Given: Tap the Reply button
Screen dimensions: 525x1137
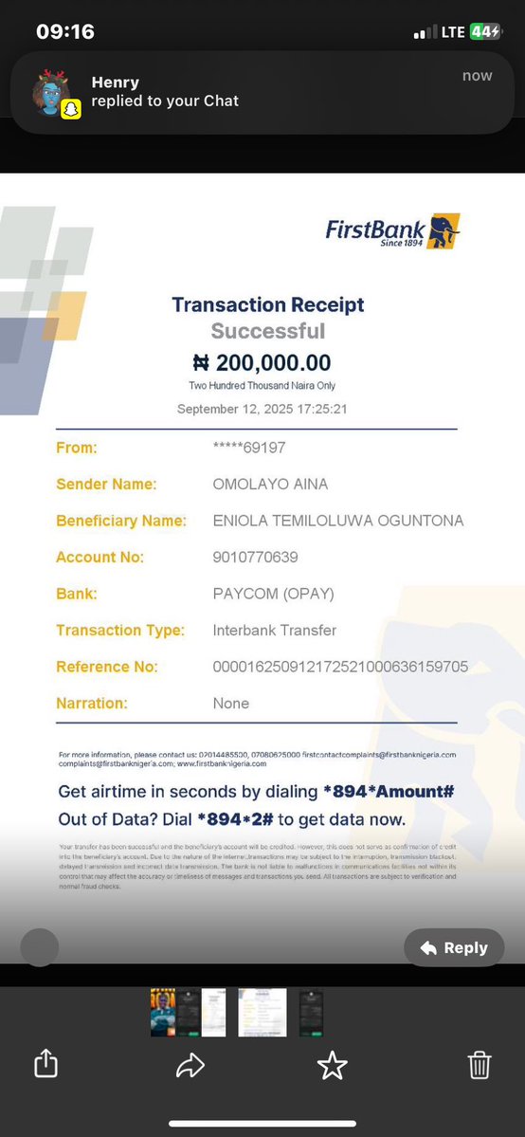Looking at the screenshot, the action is tap(454, 947).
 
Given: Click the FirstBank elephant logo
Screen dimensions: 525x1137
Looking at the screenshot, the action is tap(443, 231).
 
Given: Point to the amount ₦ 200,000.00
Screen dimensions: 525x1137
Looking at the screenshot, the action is tap(262, 362).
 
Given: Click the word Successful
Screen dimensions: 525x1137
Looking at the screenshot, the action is tap(267, 331).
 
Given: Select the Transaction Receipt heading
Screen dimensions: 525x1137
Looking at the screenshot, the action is tap(267, 304).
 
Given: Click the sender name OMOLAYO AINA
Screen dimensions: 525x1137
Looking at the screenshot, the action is tap(270, 484).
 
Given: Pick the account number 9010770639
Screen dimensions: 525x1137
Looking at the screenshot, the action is tap(256, 557).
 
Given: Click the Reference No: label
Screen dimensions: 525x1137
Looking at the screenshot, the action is tap(107, 667).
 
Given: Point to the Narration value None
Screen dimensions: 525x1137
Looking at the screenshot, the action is tap(231, 703).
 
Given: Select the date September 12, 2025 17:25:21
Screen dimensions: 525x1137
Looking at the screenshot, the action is tap(262, 409).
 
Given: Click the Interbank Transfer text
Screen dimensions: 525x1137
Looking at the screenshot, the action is tap(275, 630).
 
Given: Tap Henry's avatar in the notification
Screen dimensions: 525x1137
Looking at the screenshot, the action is tap(53, 92).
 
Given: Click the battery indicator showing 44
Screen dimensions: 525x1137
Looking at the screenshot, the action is tap(484, 31).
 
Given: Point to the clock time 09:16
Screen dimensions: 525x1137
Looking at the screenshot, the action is tap(65, 31).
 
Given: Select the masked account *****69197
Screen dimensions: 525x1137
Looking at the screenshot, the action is tap(249, 448).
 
